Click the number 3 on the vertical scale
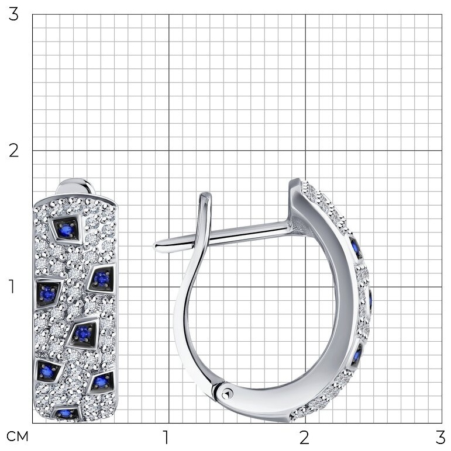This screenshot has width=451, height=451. pyautogui.click(x=13, y=15)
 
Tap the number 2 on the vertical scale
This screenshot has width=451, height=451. pyautogui.click(x=13, y=150)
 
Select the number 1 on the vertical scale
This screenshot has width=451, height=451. pyautogui.click(x=12, y=286)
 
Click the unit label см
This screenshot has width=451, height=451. pyautogui.click(x=18, y=436)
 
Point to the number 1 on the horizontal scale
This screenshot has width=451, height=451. pyautogui.click(x=166, y=437)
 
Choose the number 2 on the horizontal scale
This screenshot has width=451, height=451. pyautogui.click(x=304, y=437)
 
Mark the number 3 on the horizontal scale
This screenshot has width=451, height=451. pyautogui.click(x=440, y=437)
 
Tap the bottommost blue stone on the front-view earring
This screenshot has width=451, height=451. pyautogui.click(x=65, y=414)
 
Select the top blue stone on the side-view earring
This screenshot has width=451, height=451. pyautogui.click(x=356, y=248)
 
